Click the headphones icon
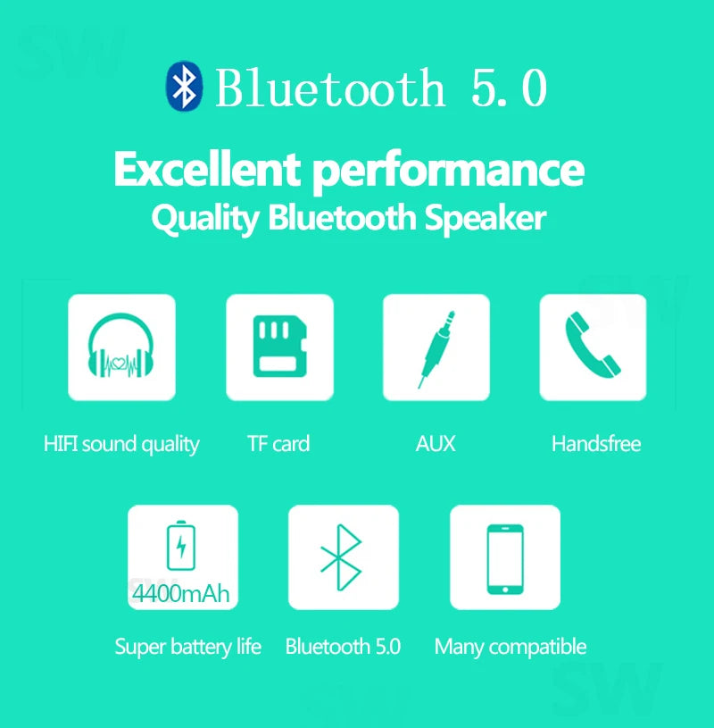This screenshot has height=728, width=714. coord(121,347)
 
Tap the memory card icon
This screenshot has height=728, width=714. coord(278,347)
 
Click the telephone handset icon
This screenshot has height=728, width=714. coord(593,347)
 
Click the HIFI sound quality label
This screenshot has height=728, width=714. coord(121,444)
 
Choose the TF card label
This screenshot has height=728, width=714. coord(278,444)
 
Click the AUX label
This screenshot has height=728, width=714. coord(436,444)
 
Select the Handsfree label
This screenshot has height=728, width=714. coord(596,444)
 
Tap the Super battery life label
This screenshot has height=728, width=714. coord(187,647)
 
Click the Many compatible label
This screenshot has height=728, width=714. coord(510,647)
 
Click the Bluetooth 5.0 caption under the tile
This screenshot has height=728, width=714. coord(343,647)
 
